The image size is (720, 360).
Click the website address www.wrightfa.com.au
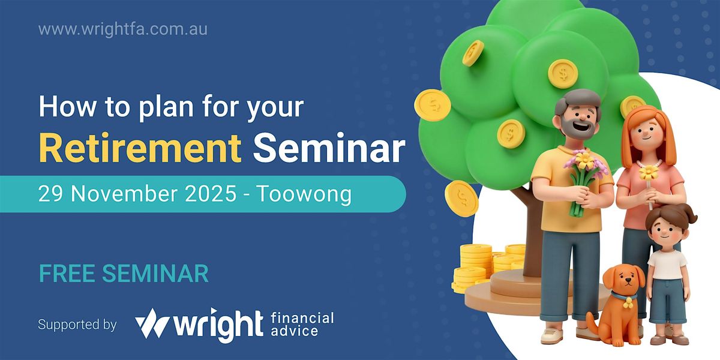click(123, 29)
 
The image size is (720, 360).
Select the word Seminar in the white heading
click(328, 147)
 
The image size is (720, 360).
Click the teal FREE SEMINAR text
click(124, 273)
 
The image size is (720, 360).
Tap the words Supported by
click(77, 325)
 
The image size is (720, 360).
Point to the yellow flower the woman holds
click(649, 173)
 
